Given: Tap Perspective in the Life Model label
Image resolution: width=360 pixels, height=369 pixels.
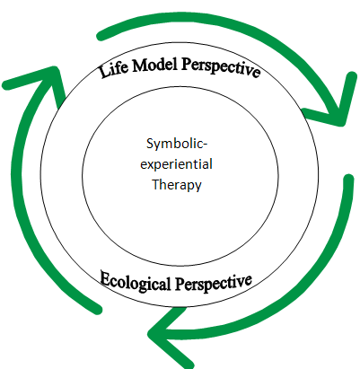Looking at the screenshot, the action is pyautogui.click(x=220, y=66).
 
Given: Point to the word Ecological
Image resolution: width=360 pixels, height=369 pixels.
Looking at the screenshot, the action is pyautogui.click(x=136, y=281).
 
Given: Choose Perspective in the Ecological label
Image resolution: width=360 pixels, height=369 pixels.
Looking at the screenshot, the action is pyautogui.click(x=214, y=283).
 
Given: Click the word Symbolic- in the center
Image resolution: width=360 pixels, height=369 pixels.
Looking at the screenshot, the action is pyautogui.click(x=177, y=145).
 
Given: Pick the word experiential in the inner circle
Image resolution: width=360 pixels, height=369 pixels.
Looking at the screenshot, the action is pyautogui.click(x=176, y=165).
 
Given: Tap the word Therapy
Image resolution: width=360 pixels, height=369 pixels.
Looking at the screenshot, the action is pyautogui.click(x=177, y=185).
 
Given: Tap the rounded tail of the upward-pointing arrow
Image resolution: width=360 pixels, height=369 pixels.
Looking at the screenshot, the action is pyautogui.click(x=97, y=308).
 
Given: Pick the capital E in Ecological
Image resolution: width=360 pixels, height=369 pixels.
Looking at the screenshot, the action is pyautogui.click(x=106, y=277).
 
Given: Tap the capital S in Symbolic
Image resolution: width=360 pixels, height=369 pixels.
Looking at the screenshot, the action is pyautogui.click(x=150, y=144).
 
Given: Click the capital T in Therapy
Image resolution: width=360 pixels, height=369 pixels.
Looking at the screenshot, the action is pyautogui.click(x=156, y=184).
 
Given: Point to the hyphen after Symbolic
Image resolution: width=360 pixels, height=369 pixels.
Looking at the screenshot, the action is pyautogui.click(x=206, y=145).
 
